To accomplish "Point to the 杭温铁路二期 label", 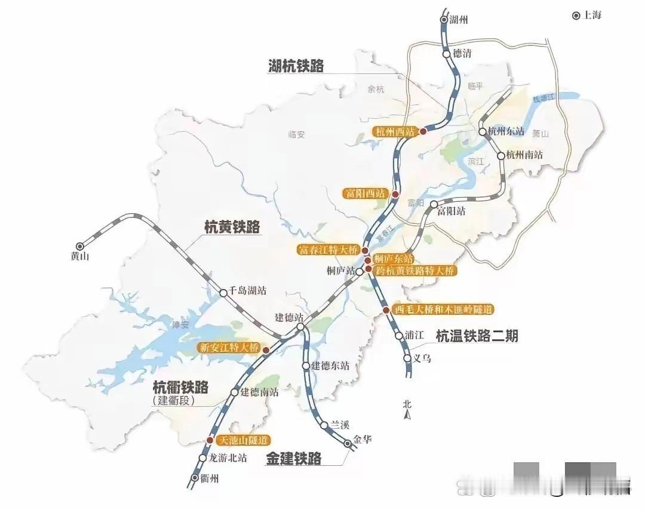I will coord(477,336).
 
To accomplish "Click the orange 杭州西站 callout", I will coord(394,131).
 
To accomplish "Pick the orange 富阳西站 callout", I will coord(364,193).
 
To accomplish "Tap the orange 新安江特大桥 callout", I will coord(230,348).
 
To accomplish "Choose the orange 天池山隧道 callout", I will coord(242,441).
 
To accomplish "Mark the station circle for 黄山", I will coord(79,245).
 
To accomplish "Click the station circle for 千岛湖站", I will coord(223,293).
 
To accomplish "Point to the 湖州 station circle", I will coord(444,20).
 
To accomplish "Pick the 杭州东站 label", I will coord(506,132).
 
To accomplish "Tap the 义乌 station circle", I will coord(408,359).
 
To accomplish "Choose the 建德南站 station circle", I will coord(234,392).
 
